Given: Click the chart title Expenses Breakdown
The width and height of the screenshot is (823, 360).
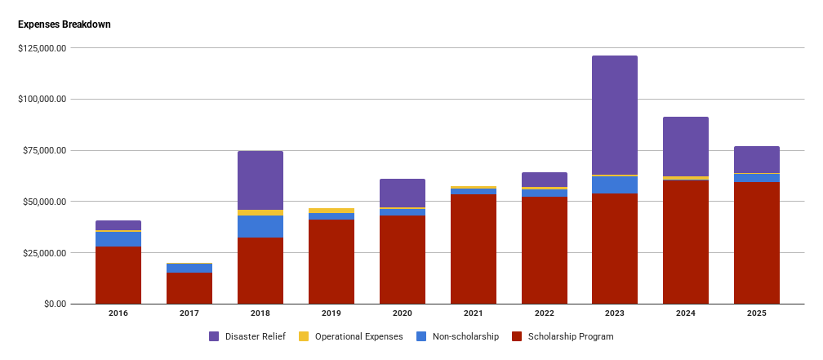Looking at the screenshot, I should point(65,24).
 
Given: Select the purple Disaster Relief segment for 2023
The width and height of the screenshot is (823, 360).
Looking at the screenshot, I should point(615,115).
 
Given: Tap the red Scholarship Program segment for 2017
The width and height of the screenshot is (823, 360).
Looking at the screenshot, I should point(189,288).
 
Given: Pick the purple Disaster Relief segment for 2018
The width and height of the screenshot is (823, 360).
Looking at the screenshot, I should point(260,180).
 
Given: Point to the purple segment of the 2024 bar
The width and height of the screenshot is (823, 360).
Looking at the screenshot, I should point(686,147).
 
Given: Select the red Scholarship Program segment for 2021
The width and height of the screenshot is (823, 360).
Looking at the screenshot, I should point(473,249).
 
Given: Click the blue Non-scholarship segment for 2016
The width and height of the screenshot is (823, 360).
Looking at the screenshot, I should point(118,239).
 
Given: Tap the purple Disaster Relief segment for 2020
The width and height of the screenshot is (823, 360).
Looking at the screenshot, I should point(403,193).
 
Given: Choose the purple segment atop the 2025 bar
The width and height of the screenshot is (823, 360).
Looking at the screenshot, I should point(757,159).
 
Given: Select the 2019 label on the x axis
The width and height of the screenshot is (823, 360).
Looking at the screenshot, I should point(331,313).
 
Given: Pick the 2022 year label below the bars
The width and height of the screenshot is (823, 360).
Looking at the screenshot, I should point(545,313).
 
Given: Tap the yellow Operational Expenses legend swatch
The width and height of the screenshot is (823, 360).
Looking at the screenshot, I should point(303,336).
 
